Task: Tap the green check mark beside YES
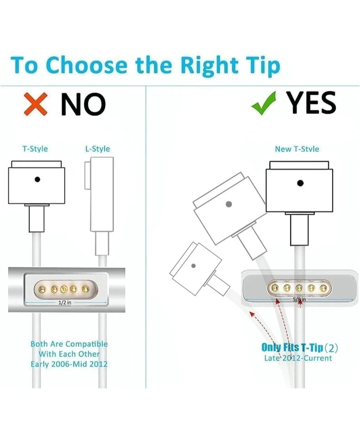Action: tap(263, 103)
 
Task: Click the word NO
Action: tap(84, 104)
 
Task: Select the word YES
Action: tap(311, 103)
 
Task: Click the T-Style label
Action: tap(35, 149)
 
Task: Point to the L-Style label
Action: tap(97, 149)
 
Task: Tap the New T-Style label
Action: tap(297, 149)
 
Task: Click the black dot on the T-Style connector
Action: tap(37, 179)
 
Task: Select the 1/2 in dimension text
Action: tap(64, 302)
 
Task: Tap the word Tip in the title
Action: tap(260, 65)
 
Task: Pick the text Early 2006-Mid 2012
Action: tap(69, 364)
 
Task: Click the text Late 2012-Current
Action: tap(298, 358)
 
